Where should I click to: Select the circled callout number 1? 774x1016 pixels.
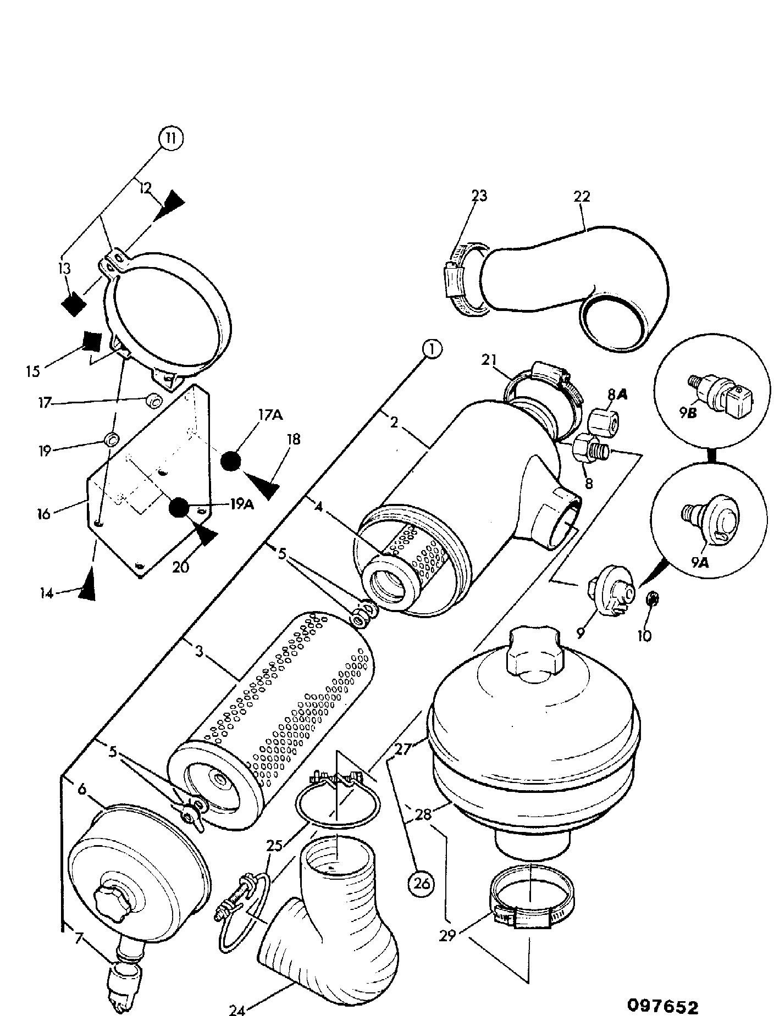(x=432, y=349)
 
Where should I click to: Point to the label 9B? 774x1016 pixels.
(x=687, y=412)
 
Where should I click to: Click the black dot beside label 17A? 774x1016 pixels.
(x=231, y=461)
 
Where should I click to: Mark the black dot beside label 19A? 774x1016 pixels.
(x=179, y=508)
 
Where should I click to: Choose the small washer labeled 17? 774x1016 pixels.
(x=153, y=402)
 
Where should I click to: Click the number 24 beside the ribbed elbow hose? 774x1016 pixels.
(x=239, y=1009)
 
